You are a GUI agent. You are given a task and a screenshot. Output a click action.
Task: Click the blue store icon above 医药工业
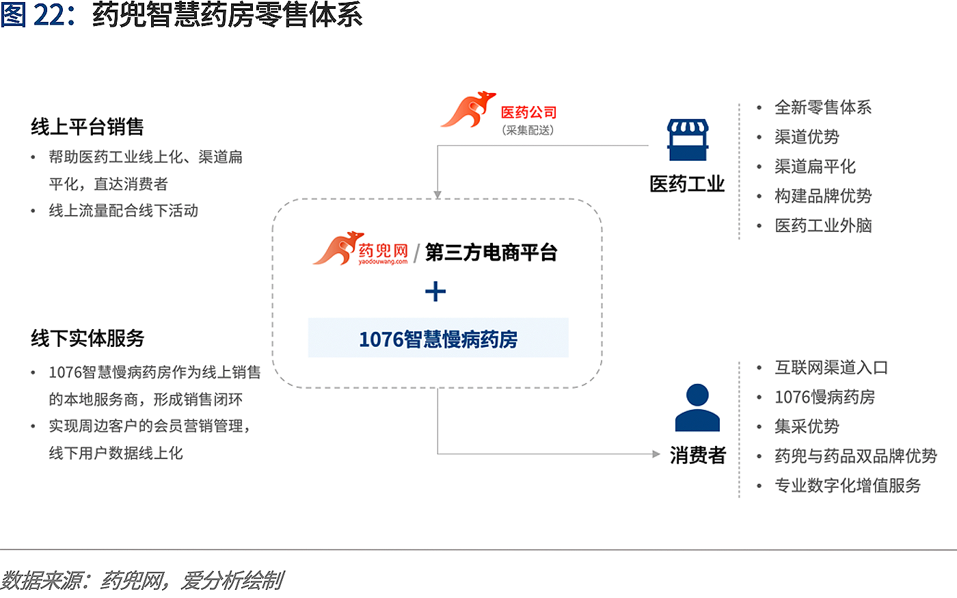click(x=688, y=140)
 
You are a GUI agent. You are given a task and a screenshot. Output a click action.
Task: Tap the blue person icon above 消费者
click(x=697, y=407)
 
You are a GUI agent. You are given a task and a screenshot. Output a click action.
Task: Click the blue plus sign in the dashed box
click(x=435, y=291)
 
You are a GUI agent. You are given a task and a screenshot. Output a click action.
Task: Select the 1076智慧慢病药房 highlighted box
click(x=438, y=338)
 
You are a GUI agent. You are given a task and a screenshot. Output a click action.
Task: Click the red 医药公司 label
click(x=529, y=112)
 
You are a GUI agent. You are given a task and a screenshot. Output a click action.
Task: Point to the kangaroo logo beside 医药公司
click(x=468, y=109)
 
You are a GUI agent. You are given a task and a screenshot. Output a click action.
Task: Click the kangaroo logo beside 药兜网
click(x=338, y=248)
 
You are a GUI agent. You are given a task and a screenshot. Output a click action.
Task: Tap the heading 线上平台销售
click(x=87, y=127)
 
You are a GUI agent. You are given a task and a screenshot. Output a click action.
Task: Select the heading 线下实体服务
click(x=87, y=339)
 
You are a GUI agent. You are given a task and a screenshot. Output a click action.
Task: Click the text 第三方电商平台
click(x=491, y=252)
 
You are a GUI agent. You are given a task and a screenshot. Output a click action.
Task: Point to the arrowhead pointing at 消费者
click(x=656, y=454)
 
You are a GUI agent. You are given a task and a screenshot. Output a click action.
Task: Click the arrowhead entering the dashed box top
click(x=437, y=195)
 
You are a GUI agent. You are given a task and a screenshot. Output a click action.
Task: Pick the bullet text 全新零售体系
click(x=823, y=107)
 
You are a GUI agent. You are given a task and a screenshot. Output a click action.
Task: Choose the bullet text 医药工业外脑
click(x=823, y=225)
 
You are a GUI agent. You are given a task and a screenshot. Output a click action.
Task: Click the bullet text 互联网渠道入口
click(x=831, y=367)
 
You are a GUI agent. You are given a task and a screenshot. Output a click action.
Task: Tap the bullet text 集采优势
click(x=807, y=426)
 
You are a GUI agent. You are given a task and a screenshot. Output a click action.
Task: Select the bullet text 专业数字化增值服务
click(x=848, y=486)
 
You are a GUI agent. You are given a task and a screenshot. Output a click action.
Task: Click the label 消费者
click(x=698, y=455)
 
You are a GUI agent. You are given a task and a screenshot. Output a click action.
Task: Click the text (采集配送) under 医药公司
click(x=528, y=130)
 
